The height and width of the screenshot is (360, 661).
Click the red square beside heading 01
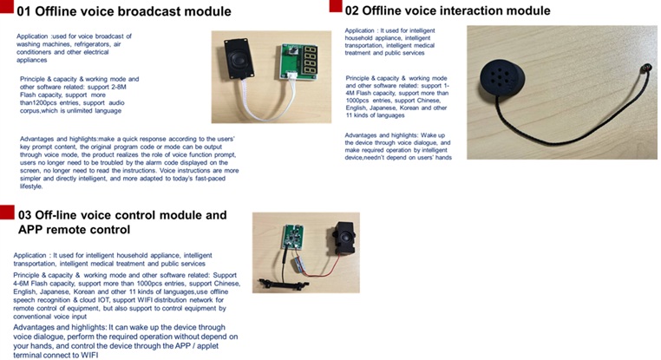pos(7,10)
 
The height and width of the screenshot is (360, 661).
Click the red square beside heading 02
pos(334,8)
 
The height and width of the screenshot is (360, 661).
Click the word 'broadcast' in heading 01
pos(136,12)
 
